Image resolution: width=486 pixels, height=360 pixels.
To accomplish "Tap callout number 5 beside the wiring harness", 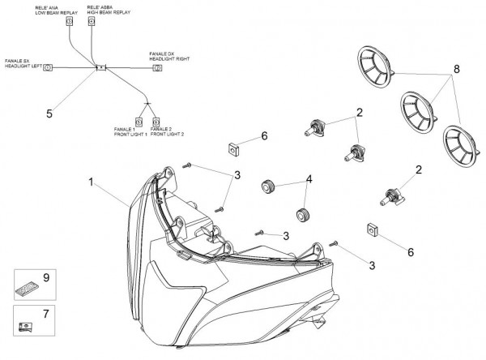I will [49, 114].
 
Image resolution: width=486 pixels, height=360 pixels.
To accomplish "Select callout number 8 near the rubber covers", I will [456, 70].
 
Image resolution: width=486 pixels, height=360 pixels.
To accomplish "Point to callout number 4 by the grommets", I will [309, 179].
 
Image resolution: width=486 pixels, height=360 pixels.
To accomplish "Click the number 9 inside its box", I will [46, 277].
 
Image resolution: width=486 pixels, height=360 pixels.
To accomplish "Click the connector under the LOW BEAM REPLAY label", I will [68, 24].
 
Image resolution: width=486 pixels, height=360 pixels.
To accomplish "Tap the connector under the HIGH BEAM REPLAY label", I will [92, 24].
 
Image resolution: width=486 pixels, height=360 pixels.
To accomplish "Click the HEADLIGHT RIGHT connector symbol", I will [156, 69].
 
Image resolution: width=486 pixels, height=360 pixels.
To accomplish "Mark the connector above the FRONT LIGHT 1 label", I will [139, 121].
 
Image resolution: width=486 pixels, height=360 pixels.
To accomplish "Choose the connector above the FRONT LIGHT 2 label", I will [157, 121].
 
